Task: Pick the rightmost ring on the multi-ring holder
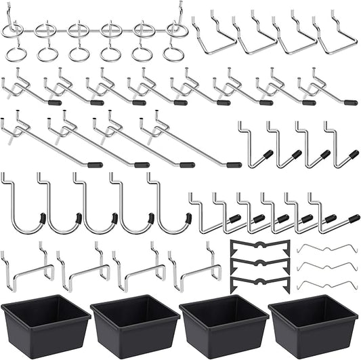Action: tap(175, 53)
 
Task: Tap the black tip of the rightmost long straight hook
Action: tap(234, 165)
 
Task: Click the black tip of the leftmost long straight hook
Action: tap(95, 164)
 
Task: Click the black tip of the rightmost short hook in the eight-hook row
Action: tap(351, 103)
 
